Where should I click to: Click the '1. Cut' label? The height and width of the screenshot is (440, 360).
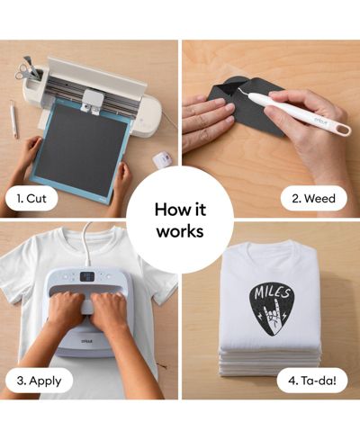[x=31, y=199]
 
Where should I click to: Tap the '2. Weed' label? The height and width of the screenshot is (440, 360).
[x=313, y=198]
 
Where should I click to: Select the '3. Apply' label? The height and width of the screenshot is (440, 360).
[x=39, y=381]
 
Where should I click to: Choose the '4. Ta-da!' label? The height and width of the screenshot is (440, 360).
[x=312, y=381]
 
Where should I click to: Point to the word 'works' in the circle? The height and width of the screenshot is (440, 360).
[x=180, y=231]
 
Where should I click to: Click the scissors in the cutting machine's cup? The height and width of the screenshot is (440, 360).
[x=22, y=70]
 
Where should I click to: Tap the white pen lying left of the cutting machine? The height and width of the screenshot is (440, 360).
[x=13, y=119]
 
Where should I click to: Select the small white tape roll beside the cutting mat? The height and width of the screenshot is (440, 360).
[x=162, y=158]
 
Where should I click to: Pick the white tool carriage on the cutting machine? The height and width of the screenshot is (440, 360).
[x=92, y=101]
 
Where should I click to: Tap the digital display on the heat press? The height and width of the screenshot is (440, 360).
[x=87, y=276]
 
